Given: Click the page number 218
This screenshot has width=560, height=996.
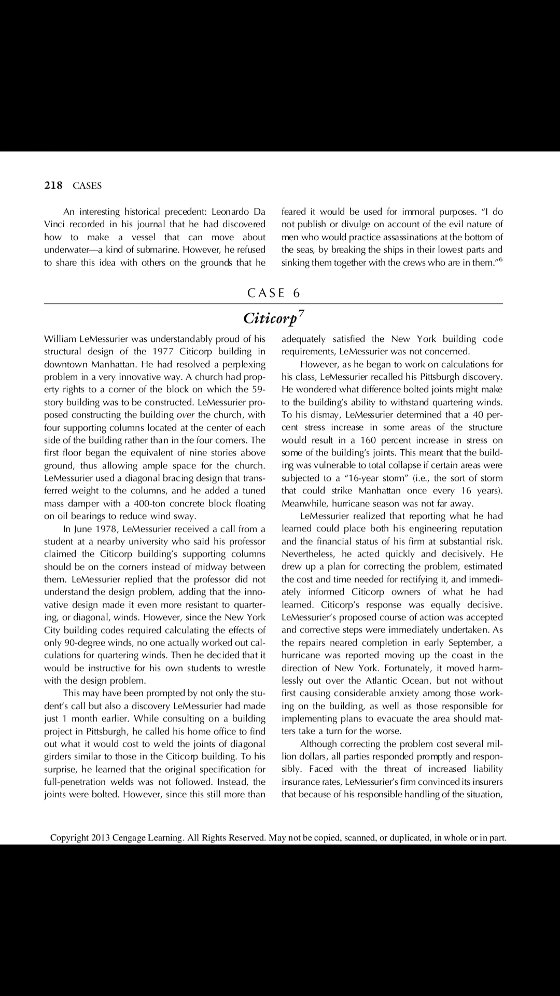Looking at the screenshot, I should click(53, 185).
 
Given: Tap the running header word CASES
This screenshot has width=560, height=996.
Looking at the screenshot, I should click(87, 186).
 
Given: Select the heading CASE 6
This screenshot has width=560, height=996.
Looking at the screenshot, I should click(274, 293).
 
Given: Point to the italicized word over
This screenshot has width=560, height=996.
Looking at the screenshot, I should click(185, 414).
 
